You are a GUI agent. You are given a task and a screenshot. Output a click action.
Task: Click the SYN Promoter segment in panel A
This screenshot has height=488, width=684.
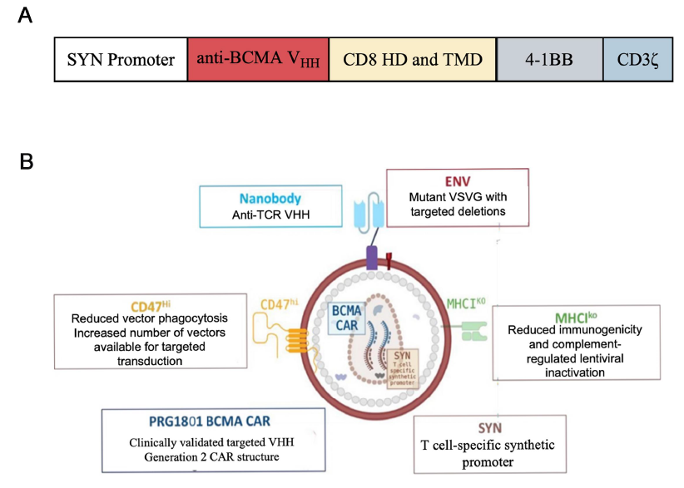click(x=121, y=60)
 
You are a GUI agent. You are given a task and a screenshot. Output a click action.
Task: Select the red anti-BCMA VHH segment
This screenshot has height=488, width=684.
click(x=258, y=60)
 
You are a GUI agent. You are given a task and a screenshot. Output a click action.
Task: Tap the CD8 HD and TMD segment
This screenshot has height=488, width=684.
click(x=413, y=60)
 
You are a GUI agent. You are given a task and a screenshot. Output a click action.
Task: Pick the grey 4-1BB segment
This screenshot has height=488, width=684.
click(x=549, y=60)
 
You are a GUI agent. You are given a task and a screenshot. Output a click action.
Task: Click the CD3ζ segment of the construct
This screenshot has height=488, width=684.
click(x=637, y=60)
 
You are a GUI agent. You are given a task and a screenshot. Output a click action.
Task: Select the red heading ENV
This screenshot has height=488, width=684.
click(x=457, y=182)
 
